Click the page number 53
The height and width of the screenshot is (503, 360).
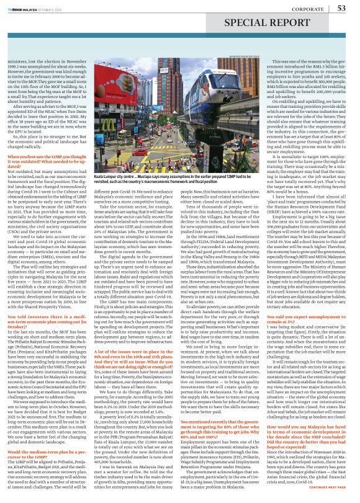(341, 8)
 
